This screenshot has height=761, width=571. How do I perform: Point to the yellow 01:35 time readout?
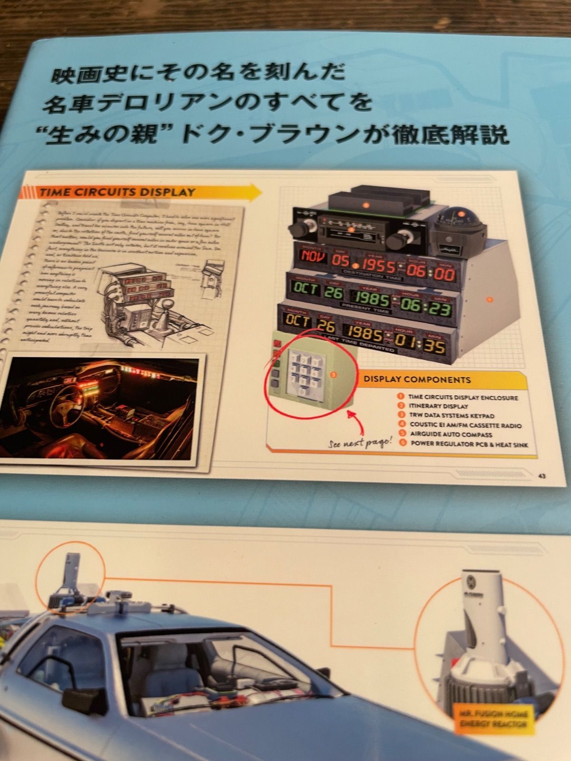pos(427,344)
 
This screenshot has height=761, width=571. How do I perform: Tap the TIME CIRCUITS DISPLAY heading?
pos(118,192)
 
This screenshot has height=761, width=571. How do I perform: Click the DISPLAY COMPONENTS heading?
pos(417,380)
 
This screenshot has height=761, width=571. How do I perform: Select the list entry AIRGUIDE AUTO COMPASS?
pos(451,434)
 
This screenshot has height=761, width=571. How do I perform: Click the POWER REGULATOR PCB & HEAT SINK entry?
pos(469,444)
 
